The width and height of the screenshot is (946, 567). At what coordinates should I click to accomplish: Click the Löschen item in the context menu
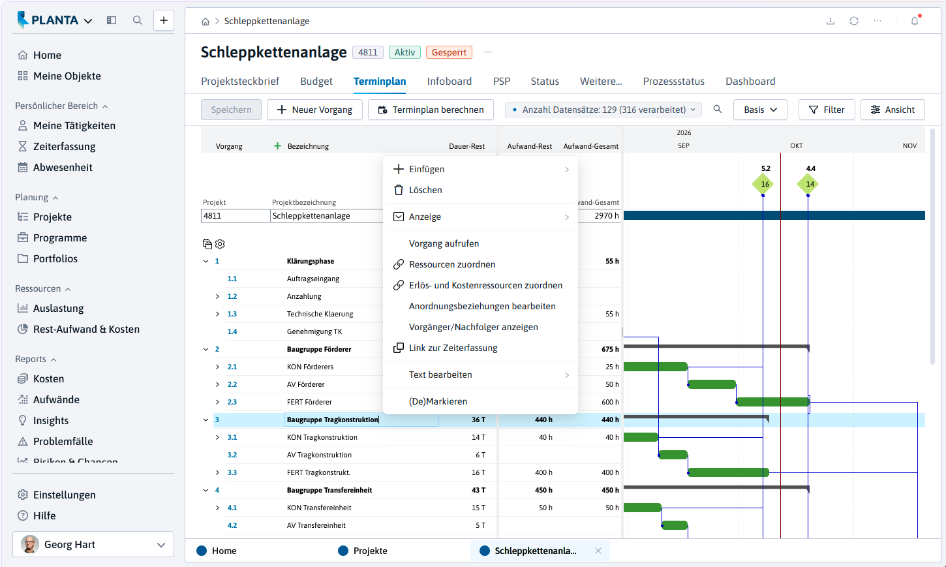pyautogui.click(x=425, y=190)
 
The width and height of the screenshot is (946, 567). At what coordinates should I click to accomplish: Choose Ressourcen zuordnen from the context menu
pyautogui.click(x=452, y=264)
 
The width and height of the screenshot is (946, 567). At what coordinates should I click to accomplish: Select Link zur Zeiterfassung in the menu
pyautogui.click(x=453, y=348)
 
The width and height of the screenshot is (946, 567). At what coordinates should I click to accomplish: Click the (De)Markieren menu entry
pyautogui.click(x=438, y=401)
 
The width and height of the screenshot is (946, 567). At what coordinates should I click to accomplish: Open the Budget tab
pyautogui.click(x=316, y=81)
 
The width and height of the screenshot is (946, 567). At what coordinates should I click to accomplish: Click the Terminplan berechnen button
pyautogui.click(x=431, y=110)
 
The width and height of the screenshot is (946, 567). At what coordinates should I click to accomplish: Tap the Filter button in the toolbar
pyautogui.click(x=827, y=110)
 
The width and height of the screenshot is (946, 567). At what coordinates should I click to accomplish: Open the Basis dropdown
pyautogui.click(x=760, y=110)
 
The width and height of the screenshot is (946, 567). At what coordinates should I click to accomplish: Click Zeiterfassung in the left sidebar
pyautogui.click(x=64, y=147)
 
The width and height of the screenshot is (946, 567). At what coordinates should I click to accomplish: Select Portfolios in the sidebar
pyautogui.click(x=55, y=258)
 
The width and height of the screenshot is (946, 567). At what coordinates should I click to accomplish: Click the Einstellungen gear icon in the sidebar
pyautogui.click(x=23, y=495)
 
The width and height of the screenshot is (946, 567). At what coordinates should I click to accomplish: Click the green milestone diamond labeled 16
pyautogui.click(x=763, y=184)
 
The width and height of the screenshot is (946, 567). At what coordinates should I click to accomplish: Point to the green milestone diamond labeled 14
pyautogui.click(x=808, y=184)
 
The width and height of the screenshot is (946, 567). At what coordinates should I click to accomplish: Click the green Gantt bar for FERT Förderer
pyautogui.click(x=773, y=402)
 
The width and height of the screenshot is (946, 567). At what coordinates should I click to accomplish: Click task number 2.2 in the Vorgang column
pyautogui.click(x=232, y=384)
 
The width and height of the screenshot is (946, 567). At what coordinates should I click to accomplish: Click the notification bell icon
pyautogui.click(x=915, y=21)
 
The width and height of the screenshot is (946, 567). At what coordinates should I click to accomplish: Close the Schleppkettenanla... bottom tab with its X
pyautogui.click(x=598, y=551)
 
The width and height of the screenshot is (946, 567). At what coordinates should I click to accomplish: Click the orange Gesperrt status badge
pyautogui.click(x=449, y=52)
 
